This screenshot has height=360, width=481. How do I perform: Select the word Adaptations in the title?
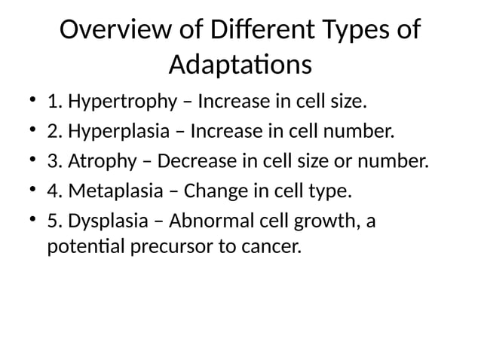240,65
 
